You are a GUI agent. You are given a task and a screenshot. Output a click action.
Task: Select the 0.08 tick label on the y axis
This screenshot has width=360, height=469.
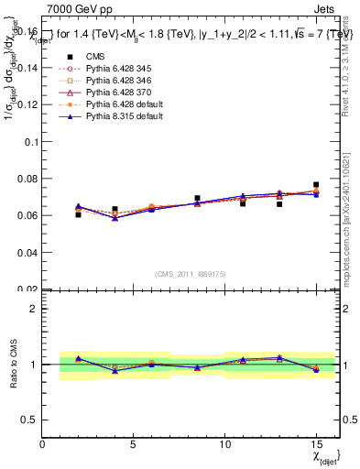click(27, 180)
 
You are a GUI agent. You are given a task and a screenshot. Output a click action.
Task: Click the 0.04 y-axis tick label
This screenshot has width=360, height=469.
click(27, 252)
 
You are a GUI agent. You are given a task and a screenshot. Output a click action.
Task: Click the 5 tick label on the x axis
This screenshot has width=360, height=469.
click(134, 443)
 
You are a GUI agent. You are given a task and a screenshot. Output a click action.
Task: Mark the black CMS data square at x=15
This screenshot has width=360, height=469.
click(316, 185)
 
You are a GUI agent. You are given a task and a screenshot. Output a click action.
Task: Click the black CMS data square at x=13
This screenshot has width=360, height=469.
click(279, 204)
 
